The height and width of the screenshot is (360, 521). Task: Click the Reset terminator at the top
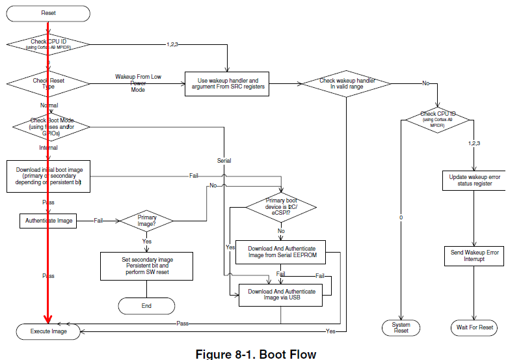(48, 13)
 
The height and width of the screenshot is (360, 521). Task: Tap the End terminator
(146, 305)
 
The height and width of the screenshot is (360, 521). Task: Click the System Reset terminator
(401, 327)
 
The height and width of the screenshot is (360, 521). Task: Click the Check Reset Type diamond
(49, 83)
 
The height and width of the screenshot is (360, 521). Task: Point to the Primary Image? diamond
(146, 221)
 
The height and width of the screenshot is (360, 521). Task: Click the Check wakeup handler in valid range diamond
(345, 83)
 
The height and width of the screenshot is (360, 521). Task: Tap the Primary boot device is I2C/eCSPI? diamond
(282, 208)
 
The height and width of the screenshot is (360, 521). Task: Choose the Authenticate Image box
(49, 221)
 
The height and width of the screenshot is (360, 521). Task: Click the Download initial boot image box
(49, 176)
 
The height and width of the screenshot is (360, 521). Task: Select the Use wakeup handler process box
(227, 83)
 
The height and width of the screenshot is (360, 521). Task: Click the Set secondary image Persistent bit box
(146, 266)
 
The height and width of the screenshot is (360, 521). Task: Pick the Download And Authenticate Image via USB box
(282, 295)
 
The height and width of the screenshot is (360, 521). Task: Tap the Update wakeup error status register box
(475, 180)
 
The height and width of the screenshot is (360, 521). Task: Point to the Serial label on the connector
(224, 160)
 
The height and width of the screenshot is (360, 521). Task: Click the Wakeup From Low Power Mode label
(138, 83)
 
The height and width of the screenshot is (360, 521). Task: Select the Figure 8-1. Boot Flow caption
(256, 354)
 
